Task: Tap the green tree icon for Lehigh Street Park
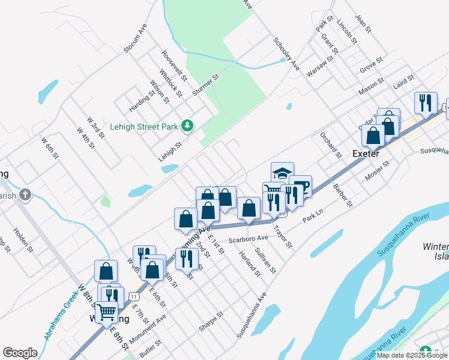(x=187, y=125)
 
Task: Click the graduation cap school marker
(x=282, y=173)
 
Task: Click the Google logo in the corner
(x=20, y=353)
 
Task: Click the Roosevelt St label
(x=175, y=65)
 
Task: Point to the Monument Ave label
(x=143, y=326)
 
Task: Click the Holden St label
(x=21, y=239)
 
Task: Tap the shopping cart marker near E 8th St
(x=107, y=312)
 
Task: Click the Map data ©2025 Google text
(x=412, y=355)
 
